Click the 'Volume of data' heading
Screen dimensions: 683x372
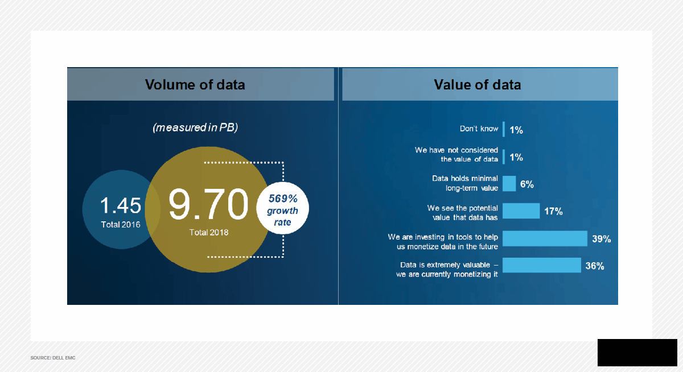[195, 85]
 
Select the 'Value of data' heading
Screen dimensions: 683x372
[478, 85]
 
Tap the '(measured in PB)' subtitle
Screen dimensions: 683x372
[195, 127]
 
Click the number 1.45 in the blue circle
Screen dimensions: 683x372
[121, 205]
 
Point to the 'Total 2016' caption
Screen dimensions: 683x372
[121, 225]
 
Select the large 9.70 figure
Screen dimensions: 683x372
[208, 204]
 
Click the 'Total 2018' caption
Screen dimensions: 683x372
[209, 233]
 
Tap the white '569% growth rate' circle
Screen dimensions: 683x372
[283, 208]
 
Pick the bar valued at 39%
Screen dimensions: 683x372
[545, 238]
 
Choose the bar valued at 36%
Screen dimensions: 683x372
[542, 265]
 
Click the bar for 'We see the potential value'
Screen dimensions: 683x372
[521, 211]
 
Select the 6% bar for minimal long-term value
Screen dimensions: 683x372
[509, 184]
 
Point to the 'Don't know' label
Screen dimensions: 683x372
[479, 129]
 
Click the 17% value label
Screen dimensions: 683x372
[553, 211]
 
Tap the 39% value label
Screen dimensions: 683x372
[601, 239]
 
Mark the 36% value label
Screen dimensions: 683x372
[595, 266]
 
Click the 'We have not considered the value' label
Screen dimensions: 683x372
[456, 155]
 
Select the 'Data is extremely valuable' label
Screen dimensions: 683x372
[447, 270]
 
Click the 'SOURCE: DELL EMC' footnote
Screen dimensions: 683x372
[53, 358]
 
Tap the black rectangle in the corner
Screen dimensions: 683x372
[637, 353]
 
